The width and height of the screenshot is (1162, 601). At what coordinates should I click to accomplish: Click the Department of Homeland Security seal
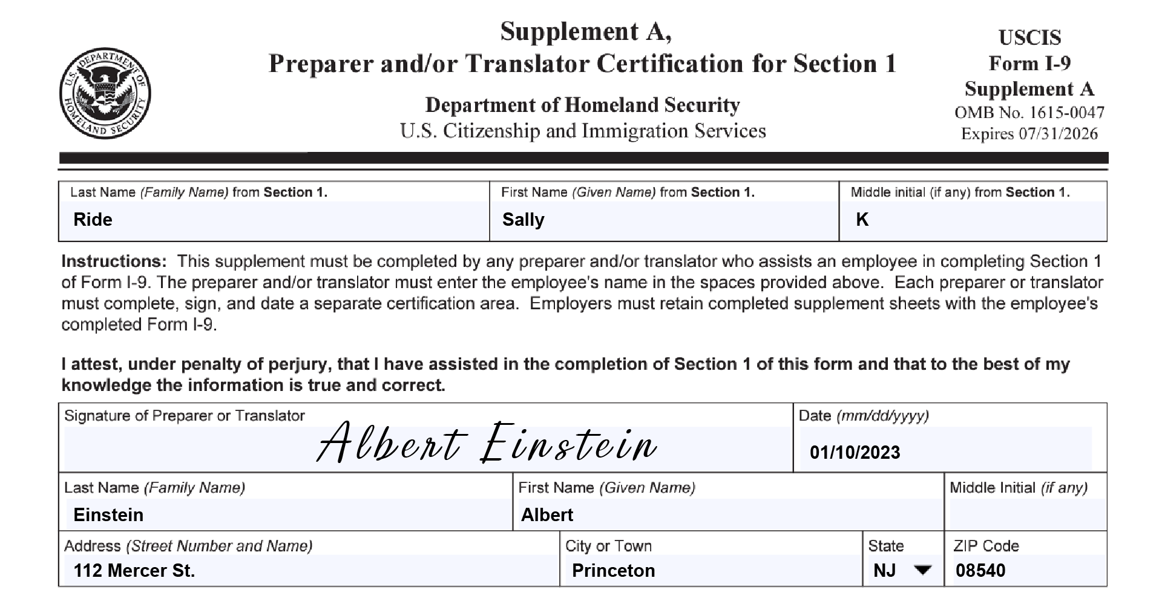[105, 94]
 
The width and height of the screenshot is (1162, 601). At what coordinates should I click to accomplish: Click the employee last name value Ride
[93, 220]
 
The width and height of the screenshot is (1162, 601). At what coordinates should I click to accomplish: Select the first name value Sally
[523, 220]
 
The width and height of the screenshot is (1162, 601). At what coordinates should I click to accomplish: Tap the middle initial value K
[862, 220]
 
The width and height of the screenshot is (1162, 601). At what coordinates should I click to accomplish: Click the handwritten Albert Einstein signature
[487, 444]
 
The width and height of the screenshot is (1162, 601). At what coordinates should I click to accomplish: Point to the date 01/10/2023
[855, 453]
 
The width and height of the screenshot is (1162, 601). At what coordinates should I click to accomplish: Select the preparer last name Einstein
[108, 515]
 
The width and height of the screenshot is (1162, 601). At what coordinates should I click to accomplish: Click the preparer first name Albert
[547, 515]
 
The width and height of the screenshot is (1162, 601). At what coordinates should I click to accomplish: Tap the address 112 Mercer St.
[134, 571]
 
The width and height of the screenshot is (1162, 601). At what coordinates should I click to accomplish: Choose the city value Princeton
[613, 571]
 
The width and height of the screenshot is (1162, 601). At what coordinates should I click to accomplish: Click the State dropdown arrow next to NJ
[922, 570]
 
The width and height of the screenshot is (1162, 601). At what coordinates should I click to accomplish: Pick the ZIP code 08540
[980, 571]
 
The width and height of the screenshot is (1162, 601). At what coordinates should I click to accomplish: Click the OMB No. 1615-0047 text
[1029, 113]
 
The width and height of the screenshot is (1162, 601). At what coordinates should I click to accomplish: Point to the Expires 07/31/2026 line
[1029, 134]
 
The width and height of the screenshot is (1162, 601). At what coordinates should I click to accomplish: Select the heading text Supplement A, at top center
[585, 31]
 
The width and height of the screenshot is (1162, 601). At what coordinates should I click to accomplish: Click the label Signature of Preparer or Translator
[184, 416]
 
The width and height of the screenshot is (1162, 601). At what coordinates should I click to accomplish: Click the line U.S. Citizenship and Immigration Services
[582, 131]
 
